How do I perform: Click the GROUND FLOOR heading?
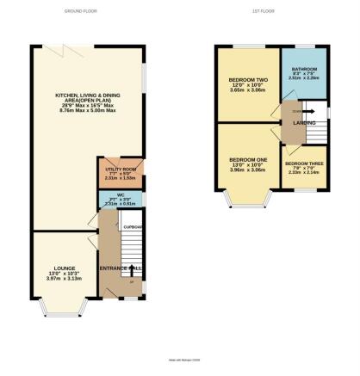pyautogui.click(x=81, y=11)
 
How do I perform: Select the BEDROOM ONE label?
pyautogui.click(x=246, y=160)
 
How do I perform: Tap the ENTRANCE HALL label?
pyautogui.click(x=120, y=269)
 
